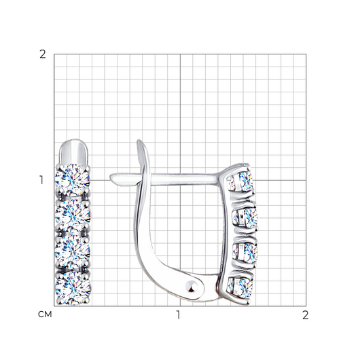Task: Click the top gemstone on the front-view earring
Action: (72, 180)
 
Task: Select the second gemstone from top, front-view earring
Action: (72, 215)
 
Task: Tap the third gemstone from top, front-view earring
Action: (73, 251)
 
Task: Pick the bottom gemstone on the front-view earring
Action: (73, 288)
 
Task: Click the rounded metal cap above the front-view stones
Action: (74, 151)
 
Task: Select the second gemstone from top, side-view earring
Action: (245, 217)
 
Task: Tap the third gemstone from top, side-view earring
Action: (245, 253)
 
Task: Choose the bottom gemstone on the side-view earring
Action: (240, 288)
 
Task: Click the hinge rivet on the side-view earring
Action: (192, 287)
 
